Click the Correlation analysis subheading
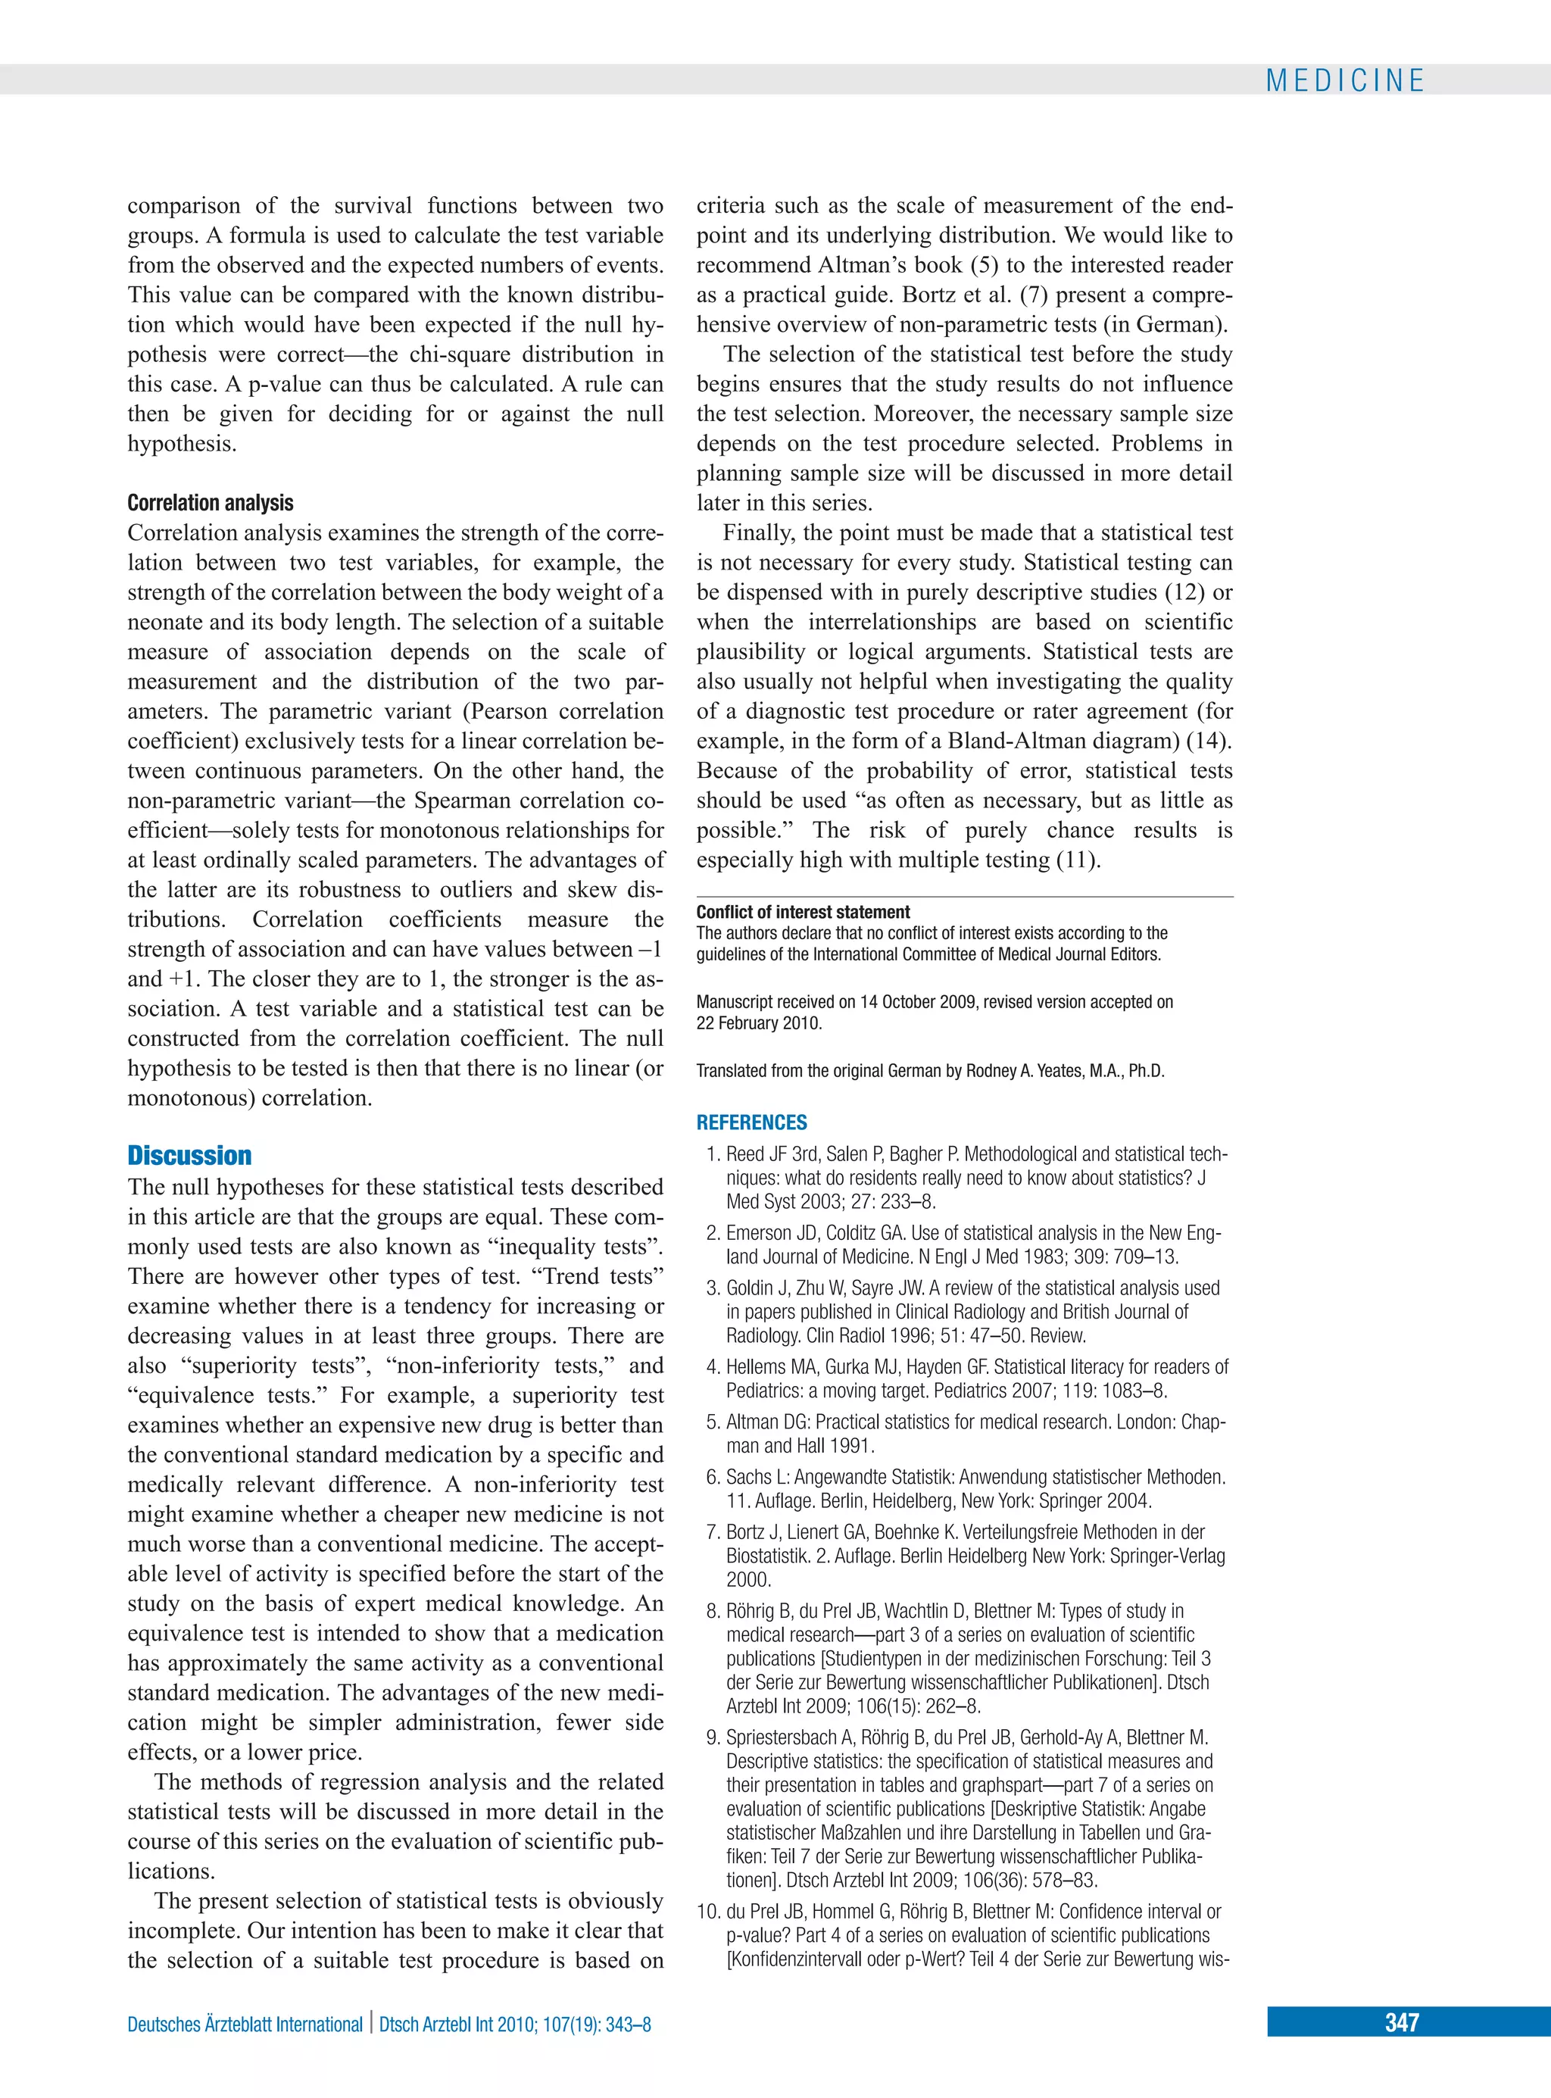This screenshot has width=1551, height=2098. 211,503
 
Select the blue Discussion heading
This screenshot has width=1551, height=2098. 189,1156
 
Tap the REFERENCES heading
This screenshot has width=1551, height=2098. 751,1122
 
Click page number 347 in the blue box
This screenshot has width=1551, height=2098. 1401,2022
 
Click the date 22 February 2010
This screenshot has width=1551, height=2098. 759,1023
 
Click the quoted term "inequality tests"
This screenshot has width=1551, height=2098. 580,1247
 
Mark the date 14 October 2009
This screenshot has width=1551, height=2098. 918,1001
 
